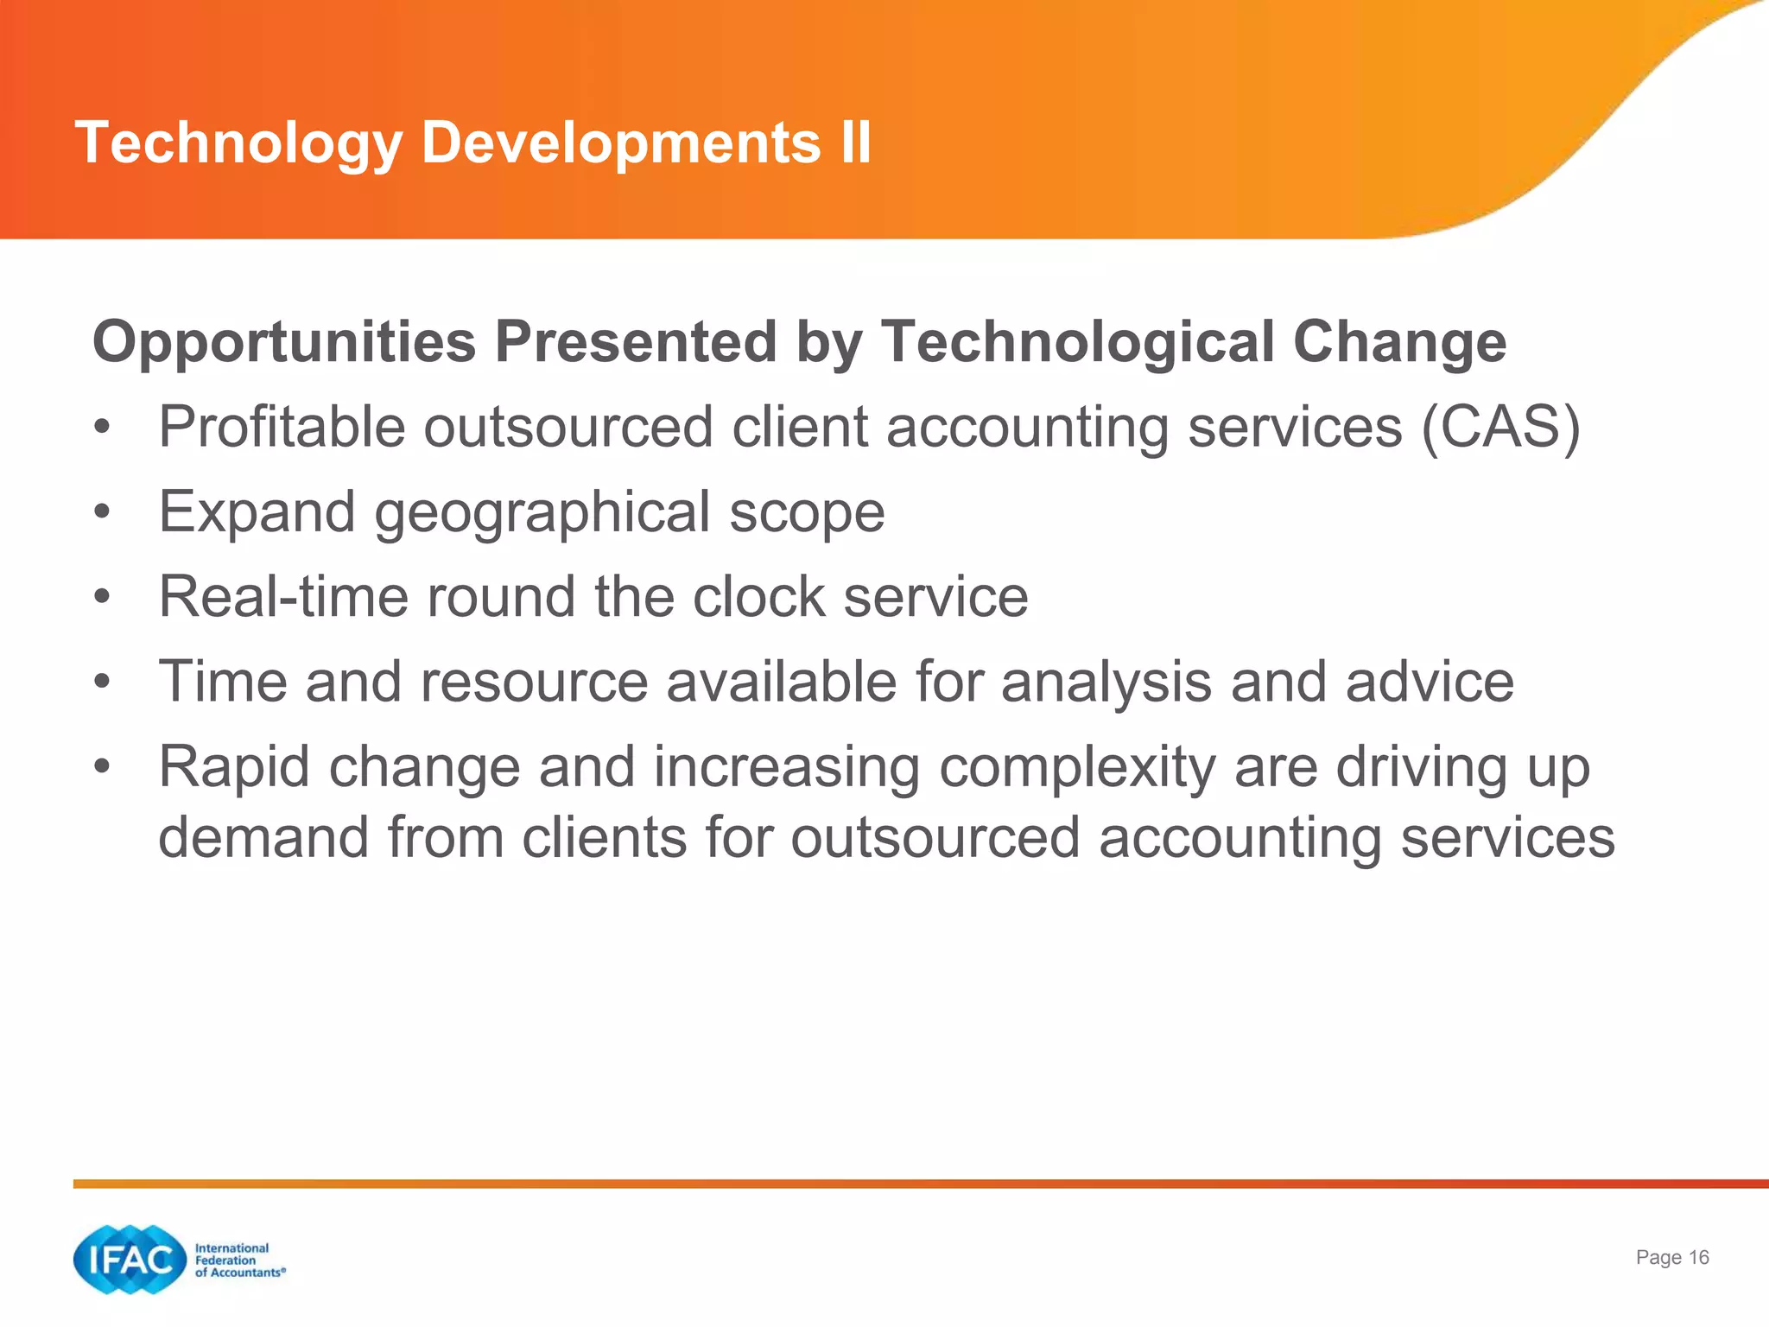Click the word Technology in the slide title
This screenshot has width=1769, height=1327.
(x=238, y=143)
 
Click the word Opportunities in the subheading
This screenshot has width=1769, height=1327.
(x=284, y=342)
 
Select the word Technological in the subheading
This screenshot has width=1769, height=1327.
(x=1076, y=342)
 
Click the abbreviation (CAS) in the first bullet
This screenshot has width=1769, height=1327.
(x=1500, y=427)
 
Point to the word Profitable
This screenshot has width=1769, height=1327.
(x=281, y=427)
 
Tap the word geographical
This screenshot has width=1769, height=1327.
(x=542, y=512)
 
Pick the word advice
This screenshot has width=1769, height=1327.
(x=1429, y=682)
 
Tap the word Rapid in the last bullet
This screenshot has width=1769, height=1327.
(x=233, y=767)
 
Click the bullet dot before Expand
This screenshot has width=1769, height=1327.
(x=102, y=512)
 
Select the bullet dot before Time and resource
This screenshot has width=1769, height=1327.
(x=102, y=682)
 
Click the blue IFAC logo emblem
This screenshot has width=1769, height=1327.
(x=130, y=1260)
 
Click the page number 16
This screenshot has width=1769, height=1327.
(x=1698, y=1257)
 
